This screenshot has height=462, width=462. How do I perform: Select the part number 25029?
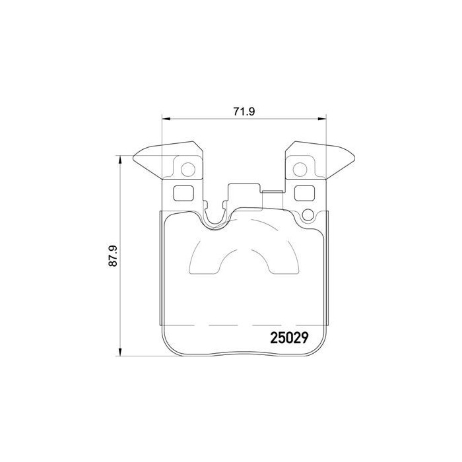[292, 337]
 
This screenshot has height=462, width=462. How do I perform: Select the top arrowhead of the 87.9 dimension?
[119, 160]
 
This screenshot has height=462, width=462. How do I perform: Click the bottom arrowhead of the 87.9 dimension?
[119, 352]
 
